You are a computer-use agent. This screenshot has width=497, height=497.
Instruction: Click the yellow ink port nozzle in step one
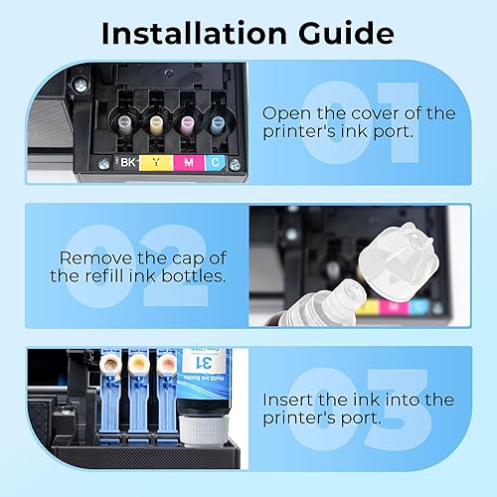[x=156, y=123]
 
